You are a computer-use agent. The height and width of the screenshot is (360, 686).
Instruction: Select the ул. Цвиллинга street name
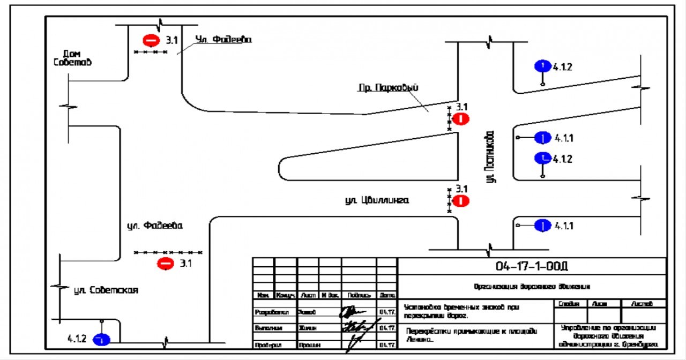[377, 201]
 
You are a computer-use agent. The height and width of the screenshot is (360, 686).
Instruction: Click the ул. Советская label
[106, 290]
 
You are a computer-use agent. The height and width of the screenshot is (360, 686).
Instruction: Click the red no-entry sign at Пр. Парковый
[461, 119]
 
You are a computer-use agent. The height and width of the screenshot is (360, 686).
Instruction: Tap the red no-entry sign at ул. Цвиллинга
[461, 201]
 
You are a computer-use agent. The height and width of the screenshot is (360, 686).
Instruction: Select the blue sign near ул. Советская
[101, 339]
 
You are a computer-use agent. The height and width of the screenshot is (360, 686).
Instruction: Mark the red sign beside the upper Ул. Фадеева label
[151, 40]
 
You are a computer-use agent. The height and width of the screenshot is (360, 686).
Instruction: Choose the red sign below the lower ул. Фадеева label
[165, 263]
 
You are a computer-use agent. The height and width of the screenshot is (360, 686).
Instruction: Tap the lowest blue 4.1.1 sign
[543, 226]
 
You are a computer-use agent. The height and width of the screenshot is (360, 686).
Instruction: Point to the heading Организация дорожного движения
[532, 286]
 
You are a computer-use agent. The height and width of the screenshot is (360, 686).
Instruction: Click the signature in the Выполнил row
[356, 327]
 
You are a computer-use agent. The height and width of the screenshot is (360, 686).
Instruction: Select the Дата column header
[387, 295]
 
